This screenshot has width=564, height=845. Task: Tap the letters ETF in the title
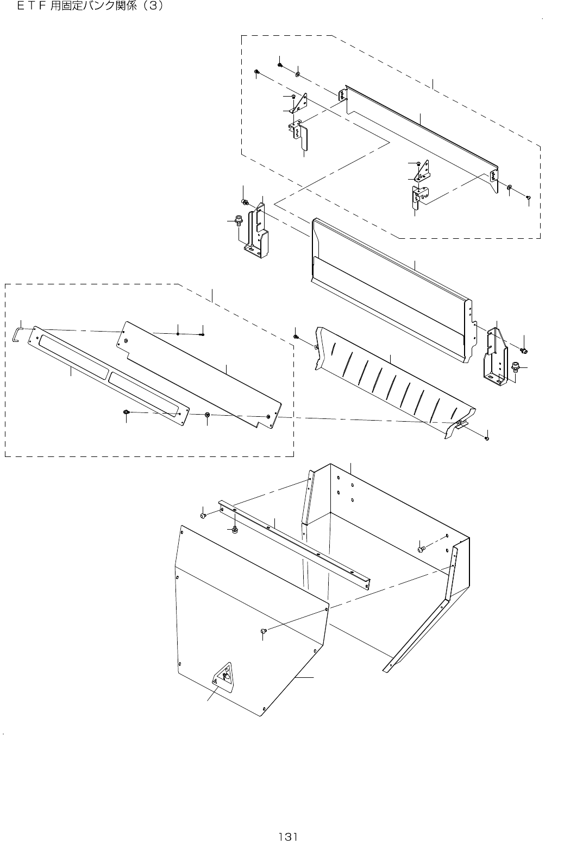click(32, 8)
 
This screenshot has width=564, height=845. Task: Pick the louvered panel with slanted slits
click(391, 380)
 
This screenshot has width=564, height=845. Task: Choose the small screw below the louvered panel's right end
click(487, 437)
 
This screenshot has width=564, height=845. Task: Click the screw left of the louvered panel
click(296, 337)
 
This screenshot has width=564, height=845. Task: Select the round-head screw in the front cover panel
click(264, 631)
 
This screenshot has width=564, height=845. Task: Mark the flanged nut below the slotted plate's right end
click(207, 415)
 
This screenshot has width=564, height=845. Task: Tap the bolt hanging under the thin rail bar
click(234, 529)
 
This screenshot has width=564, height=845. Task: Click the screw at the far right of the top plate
click(528, 198)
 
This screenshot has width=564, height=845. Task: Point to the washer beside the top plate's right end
click(510, 188)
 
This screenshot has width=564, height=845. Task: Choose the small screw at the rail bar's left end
click(203, 516)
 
